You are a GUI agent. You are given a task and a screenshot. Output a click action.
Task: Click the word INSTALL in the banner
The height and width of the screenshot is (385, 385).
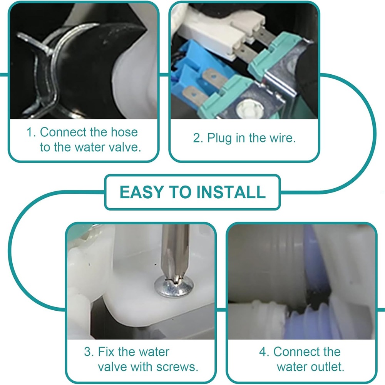[231, 192]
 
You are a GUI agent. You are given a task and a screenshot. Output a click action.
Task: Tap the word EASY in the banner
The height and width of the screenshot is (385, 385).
[142, 192]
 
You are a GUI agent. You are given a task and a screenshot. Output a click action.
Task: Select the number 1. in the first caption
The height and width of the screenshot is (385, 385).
[31, 132]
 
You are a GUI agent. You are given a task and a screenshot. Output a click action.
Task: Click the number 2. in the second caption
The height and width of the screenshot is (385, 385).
[198, 138]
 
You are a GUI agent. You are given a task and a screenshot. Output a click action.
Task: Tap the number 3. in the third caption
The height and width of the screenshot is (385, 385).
[89, 352]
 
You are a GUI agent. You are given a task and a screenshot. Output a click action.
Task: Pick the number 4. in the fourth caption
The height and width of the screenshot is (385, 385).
[264, 352]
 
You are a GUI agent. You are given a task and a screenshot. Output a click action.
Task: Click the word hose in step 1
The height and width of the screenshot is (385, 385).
[124, 132]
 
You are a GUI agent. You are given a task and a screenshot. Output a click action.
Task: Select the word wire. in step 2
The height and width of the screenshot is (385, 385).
[283, 138]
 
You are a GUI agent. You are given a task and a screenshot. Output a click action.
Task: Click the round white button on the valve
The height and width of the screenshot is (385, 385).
[249, 109]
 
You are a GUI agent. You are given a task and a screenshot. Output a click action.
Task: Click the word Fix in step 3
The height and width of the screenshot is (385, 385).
[106, 352]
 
